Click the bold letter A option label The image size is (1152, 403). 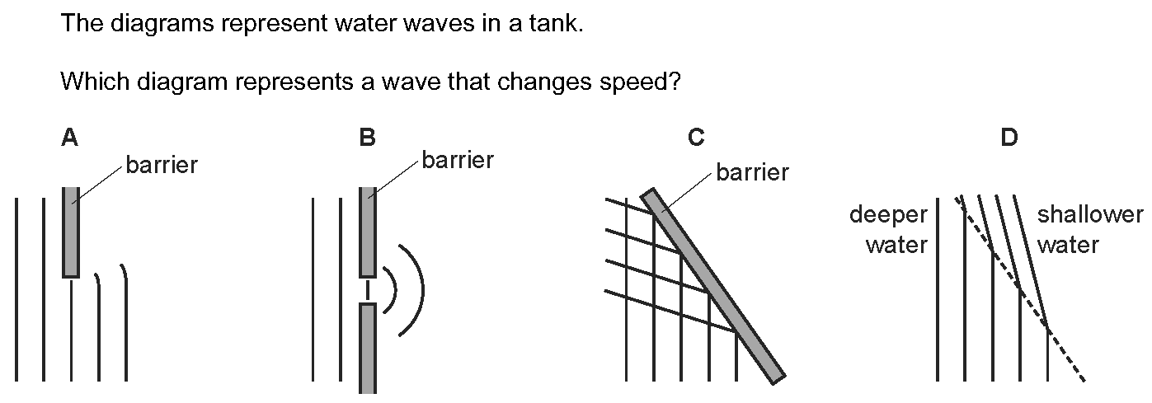tap(70, 138)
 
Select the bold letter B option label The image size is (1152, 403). tap(367, 138)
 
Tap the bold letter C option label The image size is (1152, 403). tap(696, 138)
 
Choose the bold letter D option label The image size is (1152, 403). tap(1009, 138)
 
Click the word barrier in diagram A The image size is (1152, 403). tap(162, 165)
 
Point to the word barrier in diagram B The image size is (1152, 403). tap(458, 160)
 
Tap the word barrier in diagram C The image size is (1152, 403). tap(752, 172)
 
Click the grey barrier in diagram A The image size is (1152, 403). tap(71, 232)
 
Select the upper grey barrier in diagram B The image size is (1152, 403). tap(367, 232)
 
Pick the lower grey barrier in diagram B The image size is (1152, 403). tap(367, 349)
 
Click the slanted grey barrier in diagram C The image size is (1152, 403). tap(713, 286)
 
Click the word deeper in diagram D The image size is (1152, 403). tap(889, 214)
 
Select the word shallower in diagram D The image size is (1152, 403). tap(1090, 214)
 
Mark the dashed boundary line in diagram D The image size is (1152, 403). tap(1020, 288)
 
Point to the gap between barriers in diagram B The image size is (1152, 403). tap(367, 291)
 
